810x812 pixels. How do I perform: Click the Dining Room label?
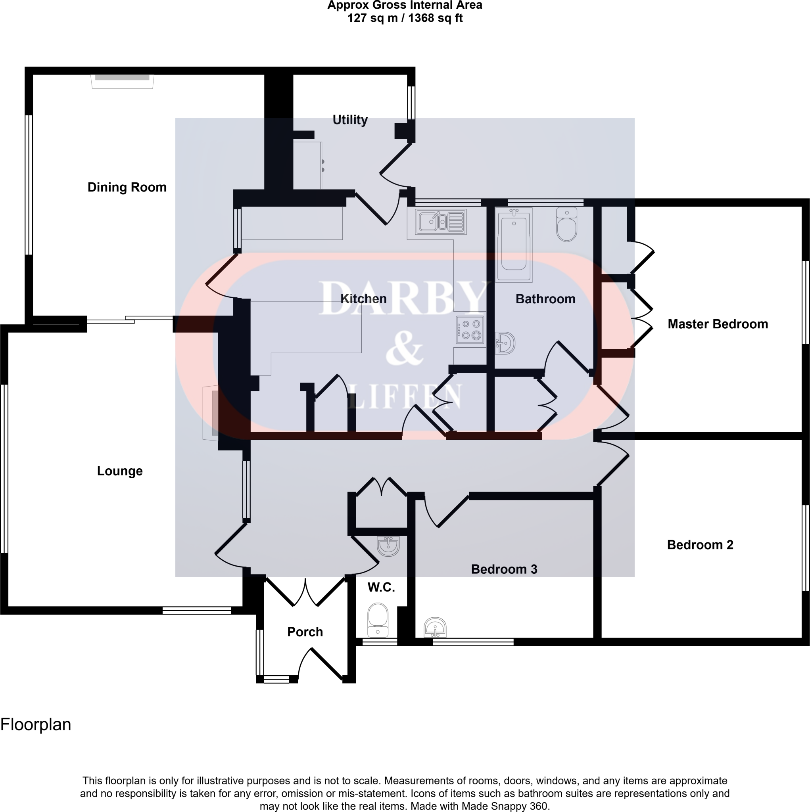127,188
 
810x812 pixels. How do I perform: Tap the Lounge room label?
120,471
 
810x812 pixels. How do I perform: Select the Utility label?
350,120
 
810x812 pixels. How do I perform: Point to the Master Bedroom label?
718,324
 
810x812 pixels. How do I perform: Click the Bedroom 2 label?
700,545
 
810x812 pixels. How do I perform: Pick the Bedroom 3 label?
504,569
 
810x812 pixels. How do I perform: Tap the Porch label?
305,632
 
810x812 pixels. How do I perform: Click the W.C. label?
381,587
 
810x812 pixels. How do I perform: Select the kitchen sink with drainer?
440,222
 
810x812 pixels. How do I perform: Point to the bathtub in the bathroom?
514,244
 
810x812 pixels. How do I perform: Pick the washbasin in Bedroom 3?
435,628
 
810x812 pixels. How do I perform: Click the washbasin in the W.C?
388,546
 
